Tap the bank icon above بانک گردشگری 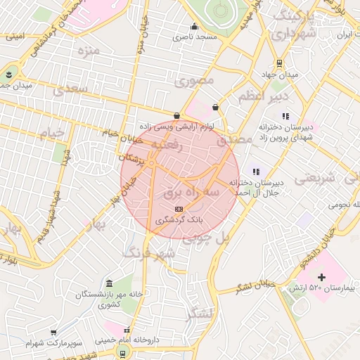(x=178, y=209)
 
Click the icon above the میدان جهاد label (x=280, y=63)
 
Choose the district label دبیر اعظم (x=262, y=94)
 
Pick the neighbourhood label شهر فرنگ (x=147, y=252)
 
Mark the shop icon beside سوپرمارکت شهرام (x=53, y=332)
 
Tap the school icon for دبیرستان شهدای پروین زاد (x=285, y=116)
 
